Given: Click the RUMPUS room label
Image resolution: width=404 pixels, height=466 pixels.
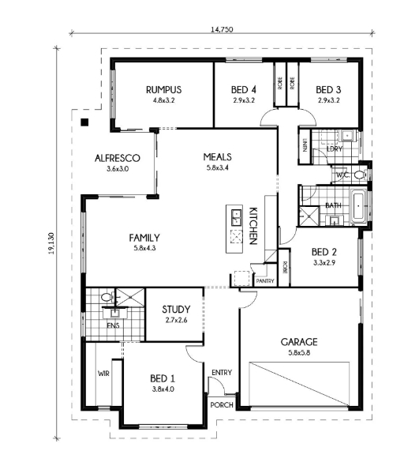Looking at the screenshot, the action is tap(163, 90).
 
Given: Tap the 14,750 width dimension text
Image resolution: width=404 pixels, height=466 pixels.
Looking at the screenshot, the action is tap(222, 29).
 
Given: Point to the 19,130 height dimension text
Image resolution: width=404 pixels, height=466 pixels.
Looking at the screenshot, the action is tap(51, 243).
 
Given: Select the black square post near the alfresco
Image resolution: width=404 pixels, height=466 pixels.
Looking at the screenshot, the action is tap(84, 122).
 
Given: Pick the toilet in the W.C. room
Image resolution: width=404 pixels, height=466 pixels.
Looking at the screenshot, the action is tap(361, 175).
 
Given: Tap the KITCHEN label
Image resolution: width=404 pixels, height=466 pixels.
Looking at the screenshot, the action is tap(252, 226).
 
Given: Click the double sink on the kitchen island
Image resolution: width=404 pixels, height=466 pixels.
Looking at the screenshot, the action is tap(236, 217).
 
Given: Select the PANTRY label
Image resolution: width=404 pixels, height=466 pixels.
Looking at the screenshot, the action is tap(265, 281).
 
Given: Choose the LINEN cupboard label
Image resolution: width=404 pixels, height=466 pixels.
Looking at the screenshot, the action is tap(305, 145).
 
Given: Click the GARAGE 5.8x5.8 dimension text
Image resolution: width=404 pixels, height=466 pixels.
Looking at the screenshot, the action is tap(299, 353).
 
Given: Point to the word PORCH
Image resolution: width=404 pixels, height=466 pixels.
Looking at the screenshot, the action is tap(222, 404).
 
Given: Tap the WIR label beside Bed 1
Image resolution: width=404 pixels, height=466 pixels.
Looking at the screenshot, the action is tap(103, 374).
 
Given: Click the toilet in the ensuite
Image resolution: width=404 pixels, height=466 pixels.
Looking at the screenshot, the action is tap(107, 297).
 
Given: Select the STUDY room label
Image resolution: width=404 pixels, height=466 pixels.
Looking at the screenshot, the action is tap(176, 310).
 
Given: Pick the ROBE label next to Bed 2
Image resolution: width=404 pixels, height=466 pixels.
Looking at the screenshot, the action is tap(285, 268).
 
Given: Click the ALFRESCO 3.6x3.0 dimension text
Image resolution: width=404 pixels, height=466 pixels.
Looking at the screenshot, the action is tap(118, 169).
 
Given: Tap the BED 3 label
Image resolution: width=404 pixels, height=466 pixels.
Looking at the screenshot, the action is tap(328, 90).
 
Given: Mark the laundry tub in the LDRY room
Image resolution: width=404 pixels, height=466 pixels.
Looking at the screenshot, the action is tap(346, 136).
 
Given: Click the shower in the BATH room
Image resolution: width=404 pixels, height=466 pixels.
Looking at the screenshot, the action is tap(309, 216).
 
